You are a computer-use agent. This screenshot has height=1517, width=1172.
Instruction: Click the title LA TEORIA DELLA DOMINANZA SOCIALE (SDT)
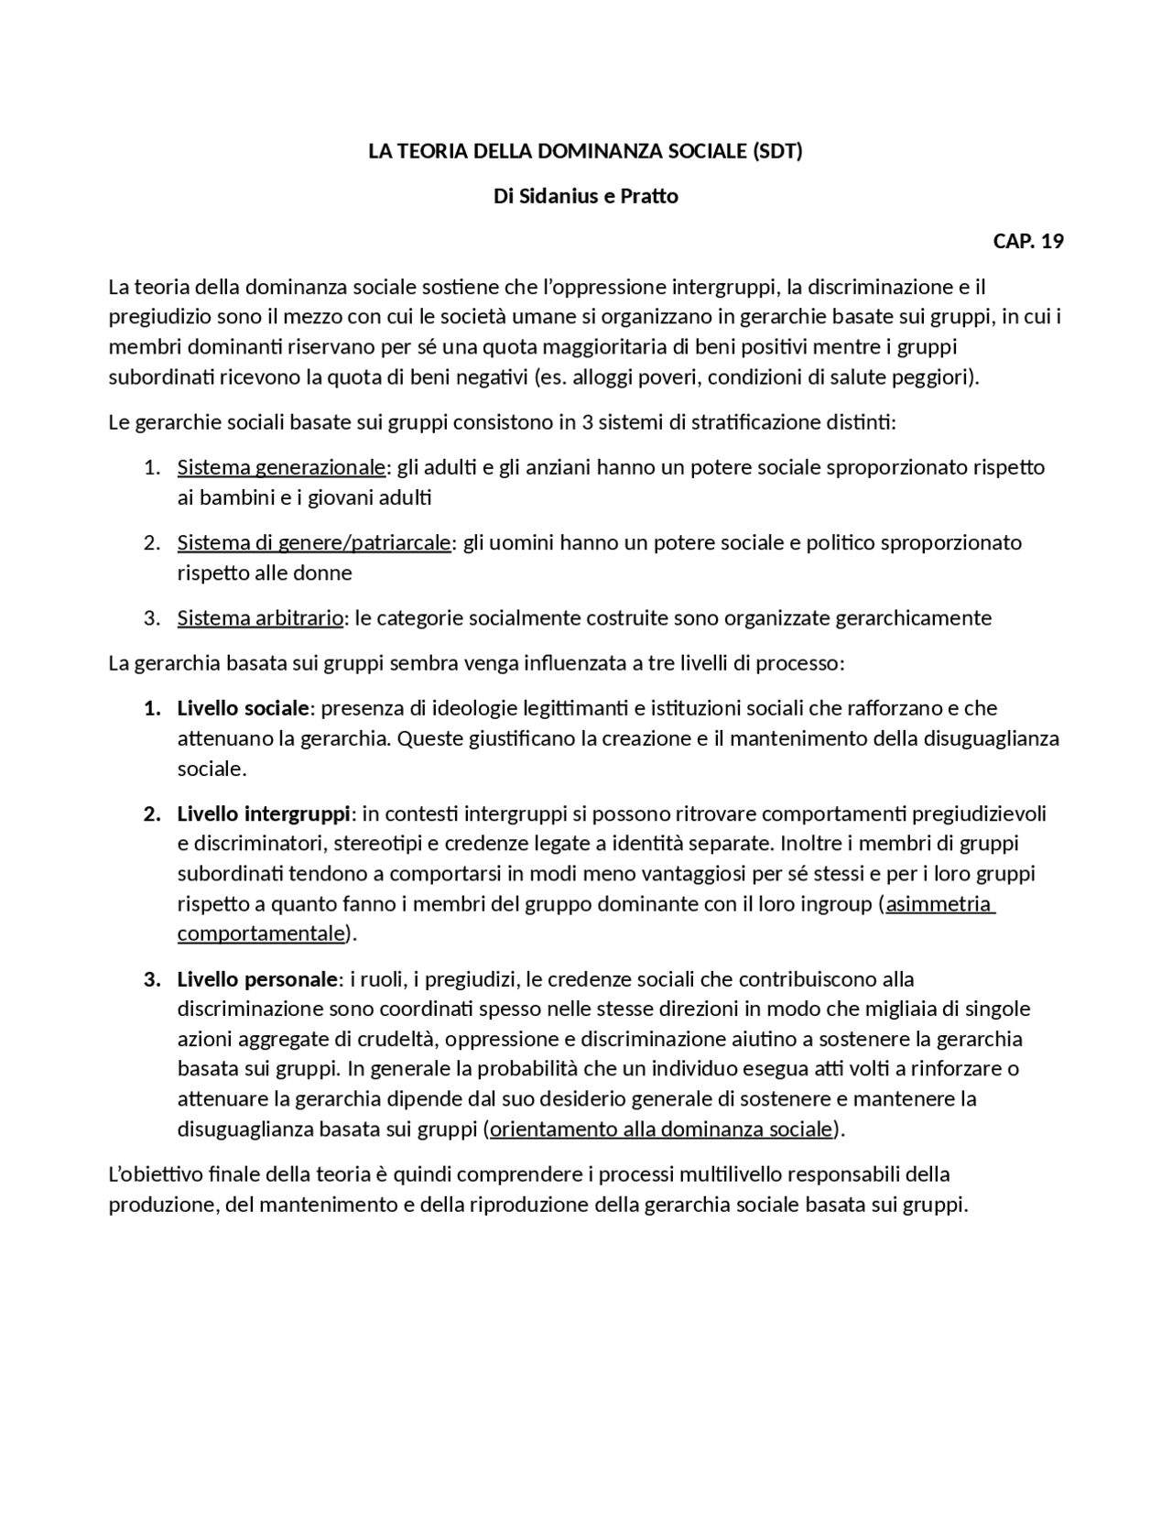click(585, 151)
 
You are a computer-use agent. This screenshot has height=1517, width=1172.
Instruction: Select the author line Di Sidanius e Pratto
click(586, 196)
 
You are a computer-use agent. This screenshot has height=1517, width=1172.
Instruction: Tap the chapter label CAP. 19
click(1027, 241)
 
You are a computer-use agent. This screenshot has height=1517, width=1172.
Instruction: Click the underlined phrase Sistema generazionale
click(281, 467)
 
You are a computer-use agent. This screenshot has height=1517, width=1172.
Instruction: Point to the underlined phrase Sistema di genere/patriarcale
click(314, 542)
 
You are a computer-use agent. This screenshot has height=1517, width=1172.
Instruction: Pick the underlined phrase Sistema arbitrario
click(260, 617)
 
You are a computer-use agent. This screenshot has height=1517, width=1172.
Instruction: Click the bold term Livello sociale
click(243, 708)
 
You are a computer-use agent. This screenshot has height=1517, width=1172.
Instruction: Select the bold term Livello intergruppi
click(264, 813)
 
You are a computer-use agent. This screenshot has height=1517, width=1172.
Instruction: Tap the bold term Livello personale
click(257, 979)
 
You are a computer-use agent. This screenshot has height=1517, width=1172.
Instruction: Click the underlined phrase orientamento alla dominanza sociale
click(660, 1129)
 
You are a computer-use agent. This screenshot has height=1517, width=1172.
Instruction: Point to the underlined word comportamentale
click(260, 933)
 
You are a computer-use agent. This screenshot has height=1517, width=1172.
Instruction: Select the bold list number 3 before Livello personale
click(151, 979)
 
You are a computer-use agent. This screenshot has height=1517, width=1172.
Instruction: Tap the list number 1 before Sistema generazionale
click(151, 467)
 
